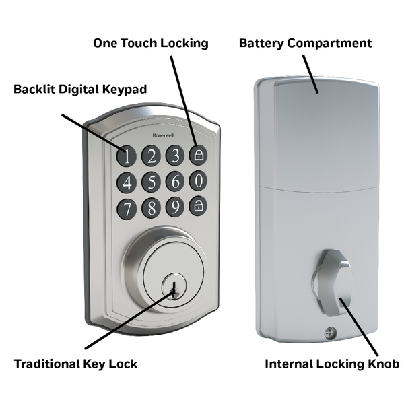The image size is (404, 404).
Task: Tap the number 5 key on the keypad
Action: [151, 182]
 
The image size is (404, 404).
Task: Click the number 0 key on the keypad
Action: [198, 180]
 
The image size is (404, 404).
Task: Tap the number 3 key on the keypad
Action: [175, 156]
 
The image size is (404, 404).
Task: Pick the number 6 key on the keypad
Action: [175, 181]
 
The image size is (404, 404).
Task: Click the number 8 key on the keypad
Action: [151, 207]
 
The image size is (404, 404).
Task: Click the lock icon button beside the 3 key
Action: [198, 155]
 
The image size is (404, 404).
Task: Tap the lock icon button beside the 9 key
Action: [198, 206]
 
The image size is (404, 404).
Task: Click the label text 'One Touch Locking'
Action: [151, 43]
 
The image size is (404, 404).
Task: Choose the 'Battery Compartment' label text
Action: [305, 43]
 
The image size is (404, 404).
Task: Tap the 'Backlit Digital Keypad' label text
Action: [80, 89]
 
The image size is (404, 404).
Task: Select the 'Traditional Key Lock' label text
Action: [75, 364]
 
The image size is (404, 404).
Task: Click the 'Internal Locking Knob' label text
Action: [332, 364]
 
